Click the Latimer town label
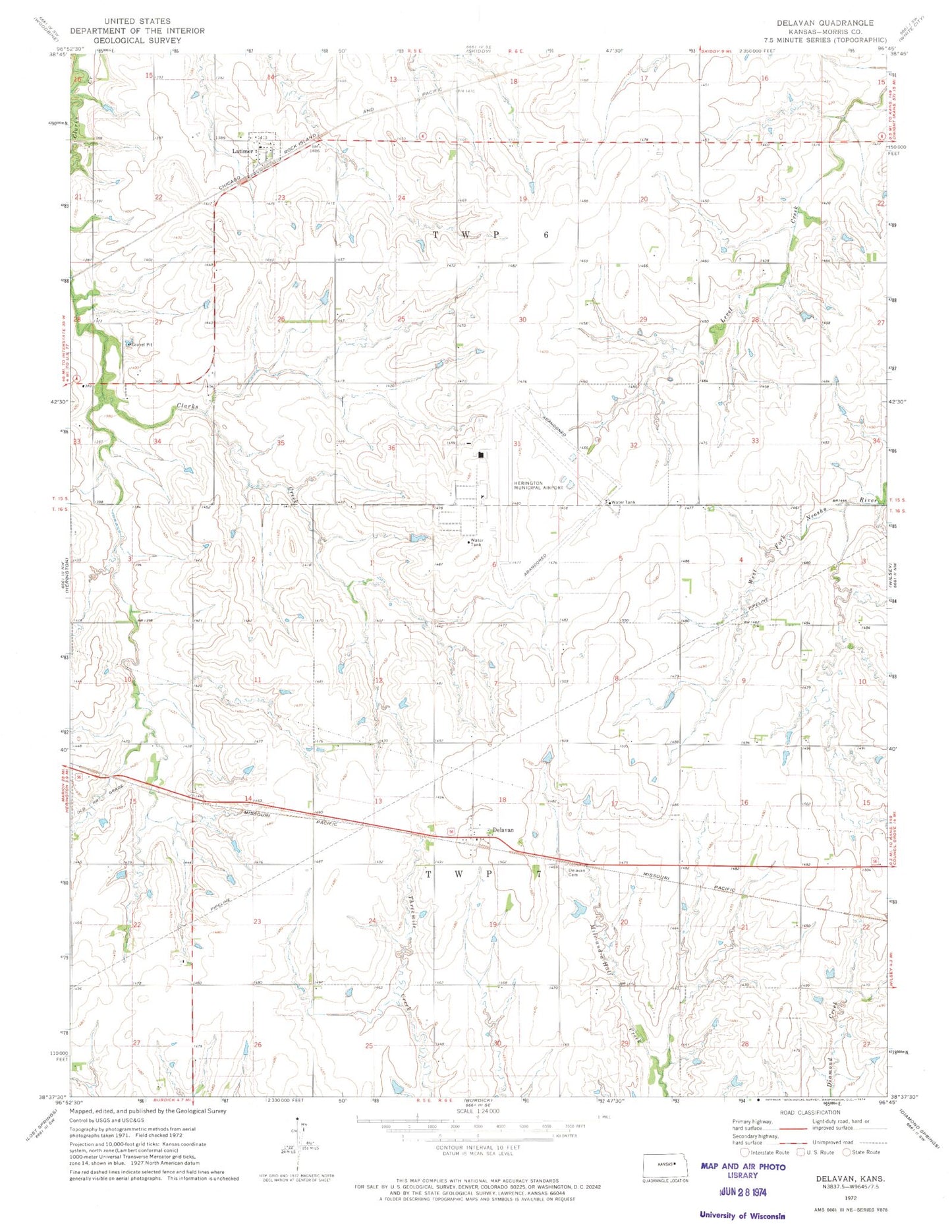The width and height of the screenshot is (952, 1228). coord(242,151)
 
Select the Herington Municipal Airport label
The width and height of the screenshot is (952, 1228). coord(538,486)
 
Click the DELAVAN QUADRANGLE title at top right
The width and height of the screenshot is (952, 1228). coord(825,22)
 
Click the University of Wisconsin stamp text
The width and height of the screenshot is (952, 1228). coord(742,1215)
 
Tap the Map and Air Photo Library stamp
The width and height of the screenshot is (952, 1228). coord(743,1171)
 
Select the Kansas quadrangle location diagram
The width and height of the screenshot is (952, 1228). coord(665,1165)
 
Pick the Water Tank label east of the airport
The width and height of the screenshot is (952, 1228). coord(623,502)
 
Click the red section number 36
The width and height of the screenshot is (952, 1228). coord(391,448)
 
